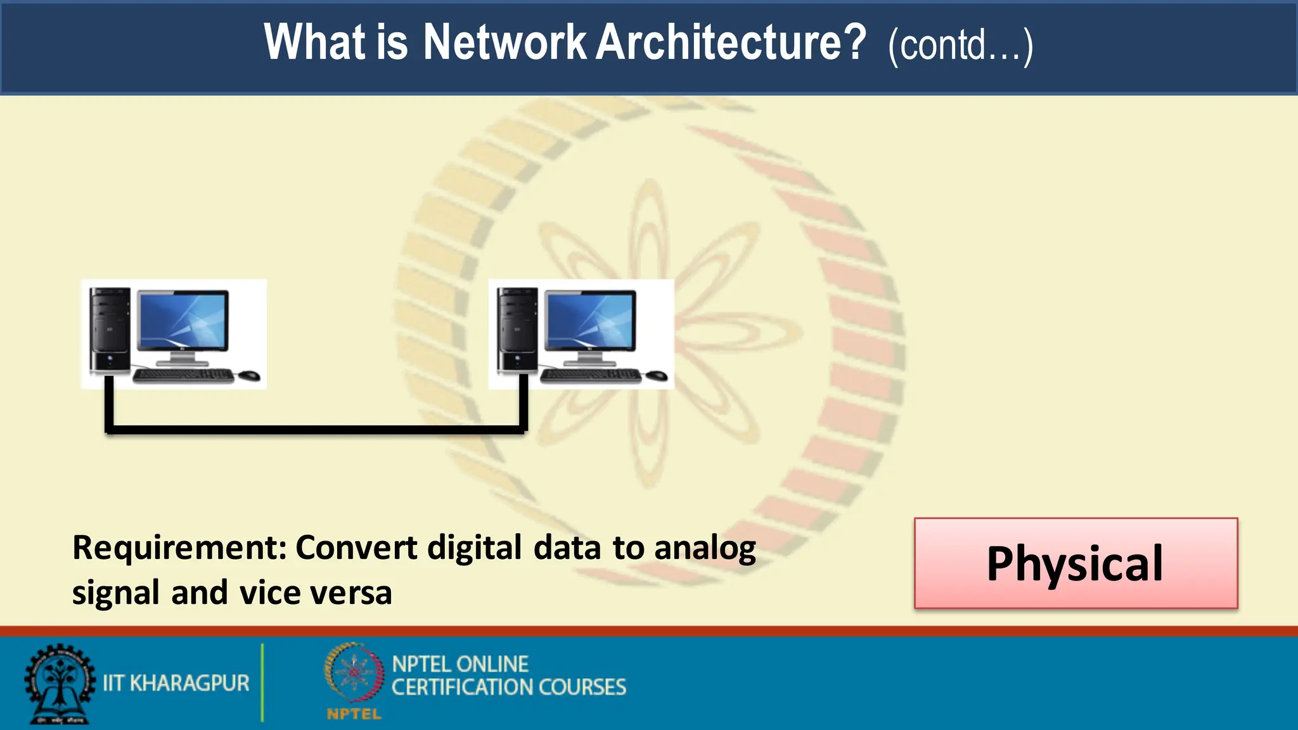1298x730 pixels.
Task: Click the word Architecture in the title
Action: coord(731,42)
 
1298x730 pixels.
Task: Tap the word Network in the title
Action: coord(505,42)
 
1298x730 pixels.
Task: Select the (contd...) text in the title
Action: coord(960,46)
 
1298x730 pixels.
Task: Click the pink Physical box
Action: coord(1076,563)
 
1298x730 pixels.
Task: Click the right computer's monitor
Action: coord(591,322)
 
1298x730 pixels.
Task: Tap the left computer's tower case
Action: coord(110,330)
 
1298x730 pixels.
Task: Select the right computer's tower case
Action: coord(517,330)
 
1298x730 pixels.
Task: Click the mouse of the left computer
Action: coord(248,375)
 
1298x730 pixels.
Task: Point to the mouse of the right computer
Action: coord(656,375)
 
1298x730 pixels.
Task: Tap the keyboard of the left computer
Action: coord(183,376)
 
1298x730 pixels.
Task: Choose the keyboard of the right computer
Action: coord(591,376)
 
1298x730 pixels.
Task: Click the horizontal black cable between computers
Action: coord(316,430)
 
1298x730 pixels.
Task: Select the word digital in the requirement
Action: coord(474,547)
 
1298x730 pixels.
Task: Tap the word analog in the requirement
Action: coord(705,549)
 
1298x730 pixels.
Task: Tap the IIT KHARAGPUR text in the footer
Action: coord(176,683)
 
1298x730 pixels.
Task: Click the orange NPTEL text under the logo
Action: coord(354,714)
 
